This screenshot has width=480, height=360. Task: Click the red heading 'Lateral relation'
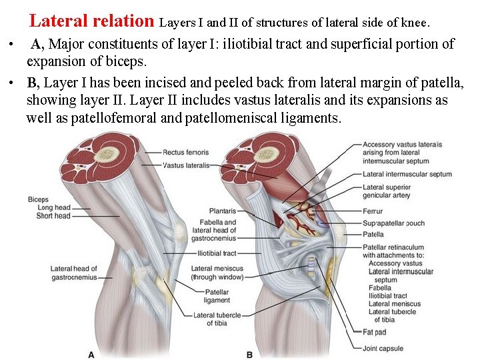coord(91,21)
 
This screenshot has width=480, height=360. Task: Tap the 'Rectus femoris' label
coord(185,153)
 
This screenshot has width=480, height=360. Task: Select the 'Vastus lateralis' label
coord(186,165)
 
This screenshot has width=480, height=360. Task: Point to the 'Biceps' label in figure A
coord(38,200)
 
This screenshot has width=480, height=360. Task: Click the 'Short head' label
coord(53,216)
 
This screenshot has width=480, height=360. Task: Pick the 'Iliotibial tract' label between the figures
coord(217,253)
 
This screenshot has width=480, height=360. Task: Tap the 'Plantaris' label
coord(222,211)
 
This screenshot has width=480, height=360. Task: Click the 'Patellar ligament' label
coord(217,296)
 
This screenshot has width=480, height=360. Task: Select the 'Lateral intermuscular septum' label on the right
coord(407,175)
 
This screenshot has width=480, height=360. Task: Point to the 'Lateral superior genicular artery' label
coord(386,191)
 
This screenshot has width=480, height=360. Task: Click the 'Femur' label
coord(373,211)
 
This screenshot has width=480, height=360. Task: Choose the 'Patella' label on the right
coord(373,235)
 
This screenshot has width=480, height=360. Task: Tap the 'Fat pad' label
coord(374,332)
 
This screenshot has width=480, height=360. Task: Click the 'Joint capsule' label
coord(383,348)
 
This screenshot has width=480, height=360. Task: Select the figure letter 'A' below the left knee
coord(91,354)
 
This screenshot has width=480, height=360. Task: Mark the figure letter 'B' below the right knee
coord(249,354)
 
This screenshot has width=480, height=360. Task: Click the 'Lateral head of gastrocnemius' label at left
coord(73,273)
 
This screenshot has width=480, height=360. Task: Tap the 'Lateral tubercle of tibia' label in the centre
coord(213,319)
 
